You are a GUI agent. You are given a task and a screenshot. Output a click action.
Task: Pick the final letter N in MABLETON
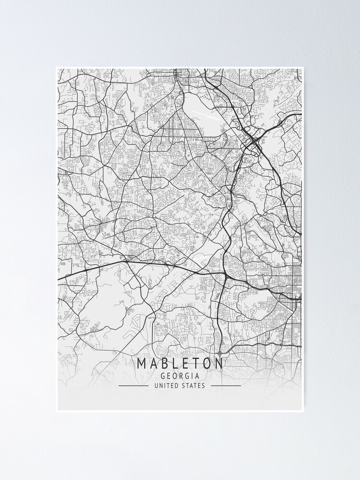click(219, 363)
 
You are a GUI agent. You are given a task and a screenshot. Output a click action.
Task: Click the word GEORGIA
click(180, 376)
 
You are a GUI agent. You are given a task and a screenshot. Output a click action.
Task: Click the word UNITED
click(166, 385)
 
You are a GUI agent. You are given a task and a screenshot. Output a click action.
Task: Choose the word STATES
click(193, 385)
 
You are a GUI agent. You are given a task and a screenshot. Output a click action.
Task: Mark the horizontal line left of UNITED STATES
click(133, 385)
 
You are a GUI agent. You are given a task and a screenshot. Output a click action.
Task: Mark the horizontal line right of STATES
click(226, 385)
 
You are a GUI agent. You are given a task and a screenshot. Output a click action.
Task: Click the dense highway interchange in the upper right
click(253, 141)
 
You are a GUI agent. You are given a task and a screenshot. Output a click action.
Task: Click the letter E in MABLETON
click(180, 363)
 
